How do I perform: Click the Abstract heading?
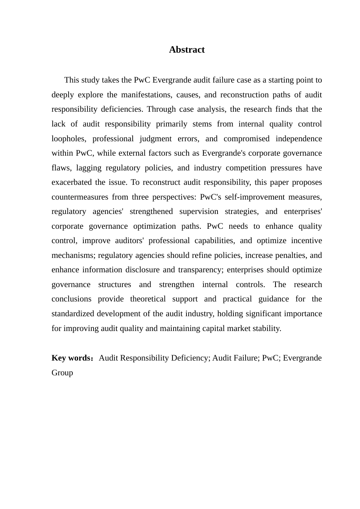pyautogui.click(x=187, y=50)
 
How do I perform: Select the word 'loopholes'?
pyautogui.click(x=68, y=139)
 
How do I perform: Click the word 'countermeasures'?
pyautogui.click(x=78, y=197)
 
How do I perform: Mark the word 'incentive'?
pyautogui.click(x=307, y=241)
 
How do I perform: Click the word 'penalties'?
pyautogui.click(x=292, y=256)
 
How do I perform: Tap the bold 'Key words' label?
pyautogui.click(x=71, y=358)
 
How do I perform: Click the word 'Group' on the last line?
pyautogui.click(x=62, y=373)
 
